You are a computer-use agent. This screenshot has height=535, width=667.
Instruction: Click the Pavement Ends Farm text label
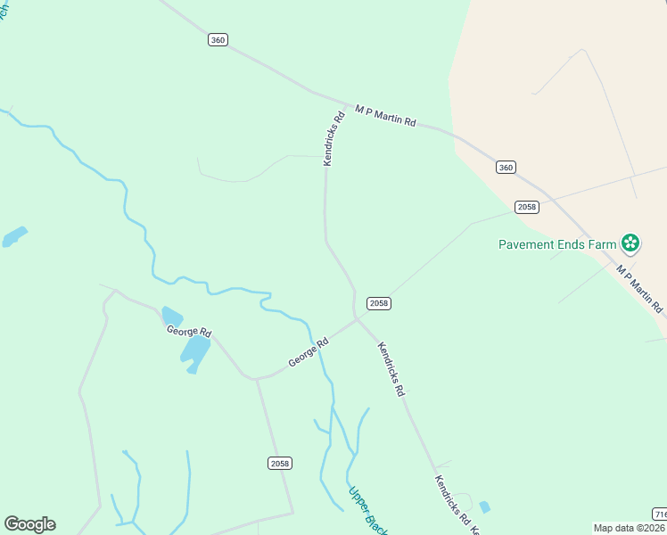(558, 243)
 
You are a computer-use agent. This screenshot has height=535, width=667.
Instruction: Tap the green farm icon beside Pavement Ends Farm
(630, 243)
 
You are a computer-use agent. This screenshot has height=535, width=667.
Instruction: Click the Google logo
(29, 524)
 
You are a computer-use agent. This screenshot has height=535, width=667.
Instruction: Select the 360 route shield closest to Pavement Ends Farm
(506, 168)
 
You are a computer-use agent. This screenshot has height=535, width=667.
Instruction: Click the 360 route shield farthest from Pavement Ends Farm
(218, 39)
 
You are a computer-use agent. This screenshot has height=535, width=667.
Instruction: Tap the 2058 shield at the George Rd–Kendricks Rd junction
(379, 303)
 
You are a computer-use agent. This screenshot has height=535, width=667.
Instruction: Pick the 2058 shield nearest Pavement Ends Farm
(527, 207)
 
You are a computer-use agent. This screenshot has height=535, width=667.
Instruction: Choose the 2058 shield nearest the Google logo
(279, 463)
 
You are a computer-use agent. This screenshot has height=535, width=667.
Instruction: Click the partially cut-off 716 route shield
(660, 514)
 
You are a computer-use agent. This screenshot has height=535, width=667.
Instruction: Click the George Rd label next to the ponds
(188, 332)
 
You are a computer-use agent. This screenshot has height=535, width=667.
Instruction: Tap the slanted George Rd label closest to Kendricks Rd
(309, 352)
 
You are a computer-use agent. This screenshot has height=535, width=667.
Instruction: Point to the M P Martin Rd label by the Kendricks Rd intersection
(385, 115)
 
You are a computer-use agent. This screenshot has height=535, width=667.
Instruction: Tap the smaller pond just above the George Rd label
(172, 317)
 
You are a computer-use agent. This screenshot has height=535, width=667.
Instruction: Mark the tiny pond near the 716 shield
(484, 506)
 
